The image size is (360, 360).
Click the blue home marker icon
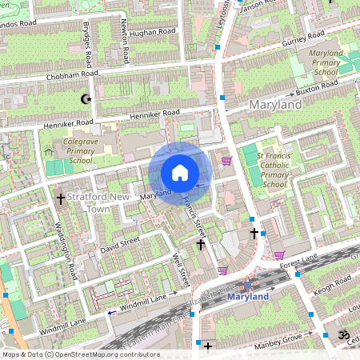point(180,173)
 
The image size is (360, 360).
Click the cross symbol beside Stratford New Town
point(60,198)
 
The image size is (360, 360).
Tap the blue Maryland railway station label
point(249,297)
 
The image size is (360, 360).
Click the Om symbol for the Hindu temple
point(345,335)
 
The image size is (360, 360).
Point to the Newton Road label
point(124,41)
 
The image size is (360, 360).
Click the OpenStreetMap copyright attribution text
point(81,354)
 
